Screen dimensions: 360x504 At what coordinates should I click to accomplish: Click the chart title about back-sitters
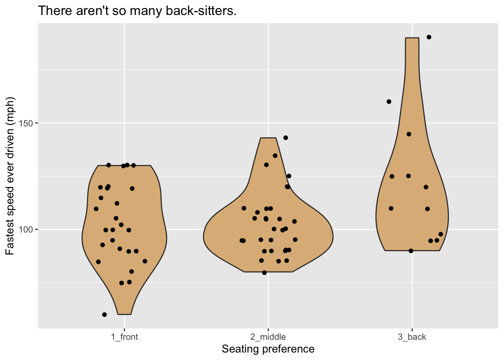coord(137,11)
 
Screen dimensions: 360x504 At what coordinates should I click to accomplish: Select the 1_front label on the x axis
coord(124,337)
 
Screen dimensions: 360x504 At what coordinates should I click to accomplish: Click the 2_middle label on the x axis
coord(268,337)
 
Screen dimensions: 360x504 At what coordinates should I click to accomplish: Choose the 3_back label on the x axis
coord(412,337)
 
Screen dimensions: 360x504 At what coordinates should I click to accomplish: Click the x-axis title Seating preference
coord(268,349)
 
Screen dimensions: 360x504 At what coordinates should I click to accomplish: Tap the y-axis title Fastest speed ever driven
coord(10,176)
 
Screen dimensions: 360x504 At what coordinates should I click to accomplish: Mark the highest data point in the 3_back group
coord(429,37)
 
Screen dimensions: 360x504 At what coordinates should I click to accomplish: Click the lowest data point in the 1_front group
coord(105,315)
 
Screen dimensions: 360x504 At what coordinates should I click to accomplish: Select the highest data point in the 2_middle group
coord(286,138)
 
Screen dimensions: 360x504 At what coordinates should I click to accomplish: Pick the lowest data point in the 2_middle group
coord(264,273)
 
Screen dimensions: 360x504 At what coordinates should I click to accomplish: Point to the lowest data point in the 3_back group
coord(411,251)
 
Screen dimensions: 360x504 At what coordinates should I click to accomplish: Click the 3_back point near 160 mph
coord(389,102)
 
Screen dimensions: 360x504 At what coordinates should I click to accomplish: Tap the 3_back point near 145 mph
coord(409,134)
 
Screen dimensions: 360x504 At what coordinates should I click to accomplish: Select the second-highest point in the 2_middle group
coord(275,156)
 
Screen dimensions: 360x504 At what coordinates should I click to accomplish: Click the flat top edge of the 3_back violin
coord(412,38)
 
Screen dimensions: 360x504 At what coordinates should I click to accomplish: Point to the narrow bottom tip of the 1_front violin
coord(124,314)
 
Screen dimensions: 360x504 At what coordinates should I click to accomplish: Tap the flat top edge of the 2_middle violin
coord(268,138)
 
